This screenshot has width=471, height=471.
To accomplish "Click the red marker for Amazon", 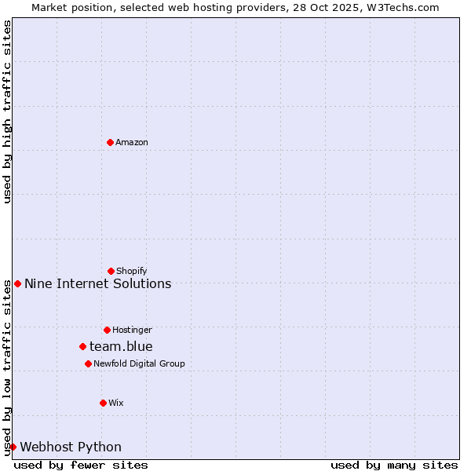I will click(x=110, y=142).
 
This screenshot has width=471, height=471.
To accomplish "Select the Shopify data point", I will click(x=111, y=271).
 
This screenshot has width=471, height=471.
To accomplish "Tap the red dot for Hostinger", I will click(x=107, y=330).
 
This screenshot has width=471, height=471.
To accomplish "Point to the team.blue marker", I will click(x=82, y=346).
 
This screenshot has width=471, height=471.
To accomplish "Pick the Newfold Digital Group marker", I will click(x=88, y=363).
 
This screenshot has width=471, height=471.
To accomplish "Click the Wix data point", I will click(x=103, y=403).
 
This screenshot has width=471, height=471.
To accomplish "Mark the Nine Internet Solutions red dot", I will click(x=17, y=283).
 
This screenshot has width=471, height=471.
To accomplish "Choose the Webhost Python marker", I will click(x=13, y=447).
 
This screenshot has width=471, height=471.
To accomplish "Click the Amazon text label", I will click(x=132, y=142).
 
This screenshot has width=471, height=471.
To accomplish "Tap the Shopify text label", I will click(x=132, y=271).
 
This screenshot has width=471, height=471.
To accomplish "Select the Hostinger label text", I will click(x=132, y=330).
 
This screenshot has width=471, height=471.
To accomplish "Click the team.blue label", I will click(x=121, y=346).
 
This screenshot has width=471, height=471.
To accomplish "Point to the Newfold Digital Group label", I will click(x=139, y=363).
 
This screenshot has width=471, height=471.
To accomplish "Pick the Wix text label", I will click(x=116, y=403).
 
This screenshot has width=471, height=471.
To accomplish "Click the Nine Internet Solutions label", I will click(x=97, y=283).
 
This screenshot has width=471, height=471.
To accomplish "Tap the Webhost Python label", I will click(x=71, y=447).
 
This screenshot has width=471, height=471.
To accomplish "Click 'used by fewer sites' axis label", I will click(x=81, y=465).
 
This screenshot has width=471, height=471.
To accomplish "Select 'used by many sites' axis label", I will click(x=394, y=465).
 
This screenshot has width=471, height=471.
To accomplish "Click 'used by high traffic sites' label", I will click(x=7, y=111).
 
